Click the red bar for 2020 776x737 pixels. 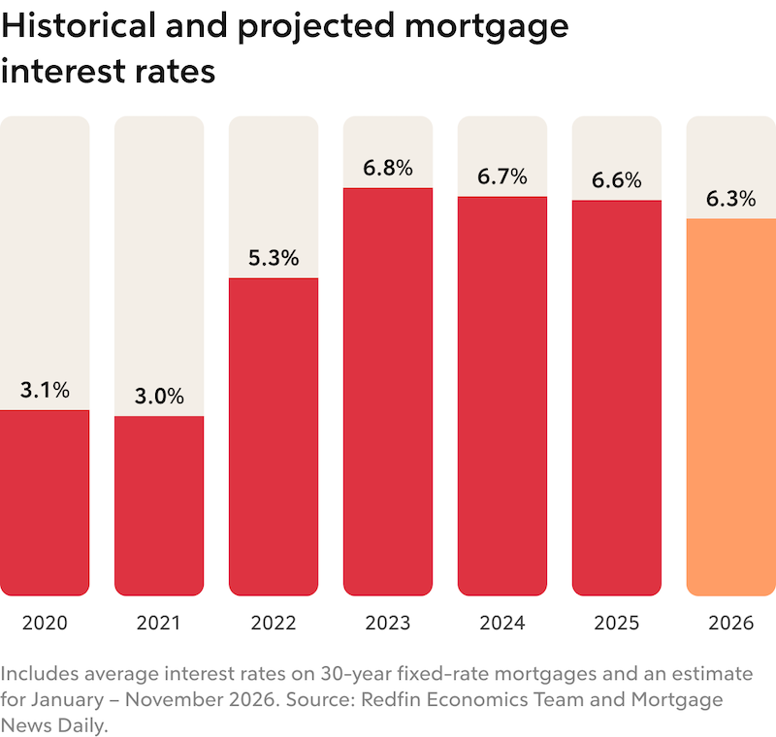[45, 502]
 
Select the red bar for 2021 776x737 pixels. [159, 505]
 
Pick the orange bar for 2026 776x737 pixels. [730, 406]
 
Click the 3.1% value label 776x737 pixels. [45, 390]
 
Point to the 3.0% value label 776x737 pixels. [159, 396]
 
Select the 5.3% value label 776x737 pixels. [274, 258]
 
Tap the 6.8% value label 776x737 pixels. [388, 168]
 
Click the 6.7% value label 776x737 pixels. [502, 176]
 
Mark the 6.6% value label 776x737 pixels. [617, 180]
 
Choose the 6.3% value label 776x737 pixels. [730, 199]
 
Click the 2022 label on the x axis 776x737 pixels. [274, 623]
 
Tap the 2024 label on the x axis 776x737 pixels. [502, 623]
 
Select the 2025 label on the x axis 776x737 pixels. [617, 623]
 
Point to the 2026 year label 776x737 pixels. [730, 623]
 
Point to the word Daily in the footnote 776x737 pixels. [82, 724]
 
